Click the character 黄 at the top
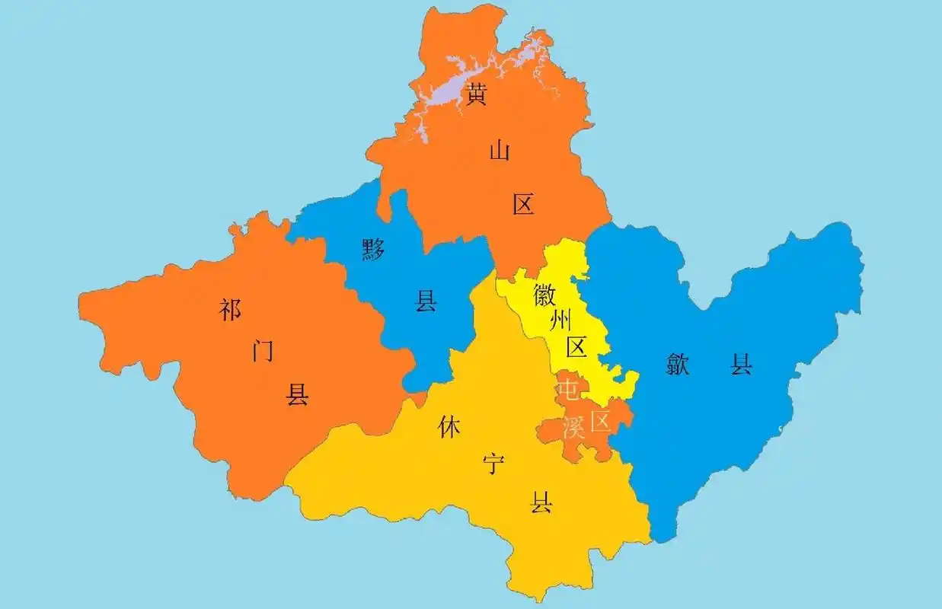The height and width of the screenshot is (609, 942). tap(477, 95)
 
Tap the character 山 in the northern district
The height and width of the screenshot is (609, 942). tap(500, 151)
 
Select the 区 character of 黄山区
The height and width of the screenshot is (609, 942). tap(523, 204)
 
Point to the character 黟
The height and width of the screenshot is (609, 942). tap(373, 249)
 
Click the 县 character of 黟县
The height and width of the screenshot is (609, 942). tap(425, 301)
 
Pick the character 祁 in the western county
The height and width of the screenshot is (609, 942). tap(229, 310)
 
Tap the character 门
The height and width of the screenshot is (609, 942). tap(263, 351)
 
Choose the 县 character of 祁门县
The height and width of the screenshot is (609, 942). tap(297, 394)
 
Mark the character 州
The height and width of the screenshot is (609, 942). tap(561, 320)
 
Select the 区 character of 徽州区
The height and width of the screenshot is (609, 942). tap(576, 348)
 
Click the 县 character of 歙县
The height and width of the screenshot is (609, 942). tap(741, 365)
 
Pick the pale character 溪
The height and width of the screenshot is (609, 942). tap(573, 427)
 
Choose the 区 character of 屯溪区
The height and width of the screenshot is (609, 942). tap(602, 421)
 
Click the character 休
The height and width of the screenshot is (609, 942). tap(449, 428)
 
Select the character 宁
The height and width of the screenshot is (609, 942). tap(495, 464)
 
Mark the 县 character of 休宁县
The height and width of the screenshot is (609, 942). tap(541, 502)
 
